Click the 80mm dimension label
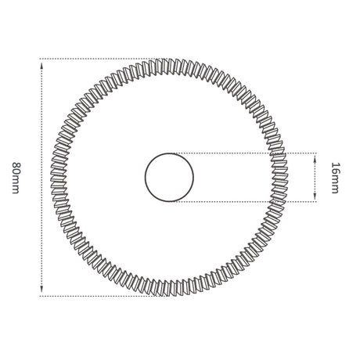point(16,178)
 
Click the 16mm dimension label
point(335,178)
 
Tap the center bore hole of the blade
point(169,178)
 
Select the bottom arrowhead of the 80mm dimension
point(41,289)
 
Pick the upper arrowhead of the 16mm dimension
point(315,158)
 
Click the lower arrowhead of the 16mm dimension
point(315,196)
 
